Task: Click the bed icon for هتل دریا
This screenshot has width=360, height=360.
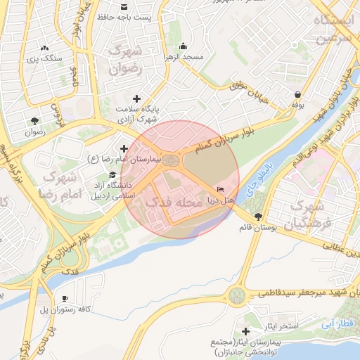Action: pyautogui.click(x=220, y=190)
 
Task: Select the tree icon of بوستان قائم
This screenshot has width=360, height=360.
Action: pyautogui.click(x=259, y=216)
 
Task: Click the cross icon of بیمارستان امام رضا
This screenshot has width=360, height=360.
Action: pyautogui.click(x=124, y=148)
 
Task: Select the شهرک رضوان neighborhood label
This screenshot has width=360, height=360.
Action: pyautogui.click(x=127, y=60)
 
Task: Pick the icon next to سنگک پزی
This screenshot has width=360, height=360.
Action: pyautogui.click(x=45, y=48)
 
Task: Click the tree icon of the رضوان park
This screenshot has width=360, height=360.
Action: pyautogui.click(x=34, y=120)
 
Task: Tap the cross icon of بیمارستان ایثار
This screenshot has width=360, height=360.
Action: pyautogui.click(x=245, y=331)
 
